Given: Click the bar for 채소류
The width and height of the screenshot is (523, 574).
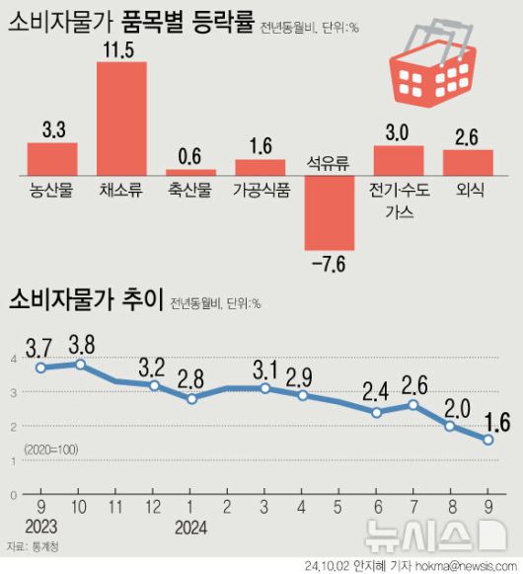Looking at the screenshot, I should click(x=121, y=118).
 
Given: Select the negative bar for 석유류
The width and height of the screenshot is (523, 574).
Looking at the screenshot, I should click(x=330, y=212).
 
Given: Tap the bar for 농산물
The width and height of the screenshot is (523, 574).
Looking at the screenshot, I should click(x=52, y=158).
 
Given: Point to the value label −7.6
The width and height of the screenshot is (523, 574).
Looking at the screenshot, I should click(x=330, y=264).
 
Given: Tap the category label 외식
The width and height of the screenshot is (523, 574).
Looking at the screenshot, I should click(x=468, y=190).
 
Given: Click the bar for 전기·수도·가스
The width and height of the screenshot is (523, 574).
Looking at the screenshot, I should click(x=399, y=160).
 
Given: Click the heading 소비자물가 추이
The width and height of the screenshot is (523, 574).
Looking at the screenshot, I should click(x=83, y=300).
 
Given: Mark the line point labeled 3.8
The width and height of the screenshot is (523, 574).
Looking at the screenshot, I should click(x=80, y=364).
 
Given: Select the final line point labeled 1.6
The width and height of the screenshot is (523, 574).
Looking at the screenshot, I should click(x=487, y=440).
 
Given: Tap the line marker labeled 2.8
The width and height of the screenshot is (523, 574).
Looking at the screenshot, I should click(x=191, y=398).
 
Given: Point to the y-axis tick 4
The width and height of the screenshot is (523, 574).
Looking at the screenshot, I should click(x=14, y=359).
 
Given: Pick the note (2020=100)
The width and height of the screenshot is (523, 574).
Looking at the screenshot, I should click(x=50, y=450).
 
